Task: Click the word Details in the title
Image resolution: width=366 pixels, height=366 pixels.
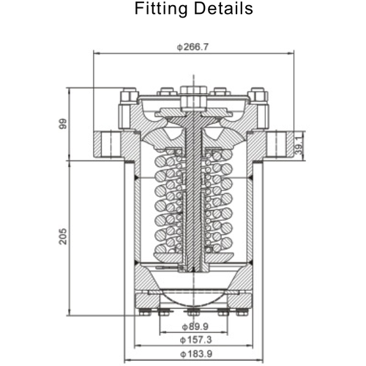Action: pyautogui.click(x=223, y=9)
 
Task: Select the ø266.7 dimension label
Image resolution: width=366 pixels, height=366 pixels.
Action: pyautogui.click(x=193, y=47)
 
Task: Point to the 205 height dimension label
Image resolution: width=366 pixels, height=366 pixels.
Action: pyautogui.click(x=64, y=236)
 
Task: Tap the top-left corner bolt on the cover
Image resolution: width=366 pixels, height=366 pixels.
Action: pyautogui.click(x=127, y=96)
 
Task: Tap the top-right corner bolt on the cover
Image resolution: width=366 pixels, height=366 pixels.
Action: pyautogui.click(x=257, y=96)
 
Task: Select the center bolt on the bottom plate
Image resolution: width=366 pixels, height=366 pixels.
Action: pyautogui.click(x=192, y=314)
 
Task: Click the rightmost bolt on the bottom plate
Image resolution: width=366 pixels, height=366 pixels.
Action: pyautogui.click(x=243, y=314)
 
